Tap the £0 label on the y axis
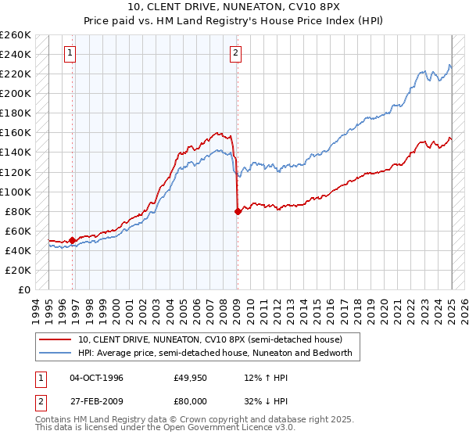pyautogui.click(x=23, y=289)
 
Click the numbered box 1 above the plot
pyautogui.click(x=70, y=53)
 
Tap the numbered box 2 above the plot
pyautogui.click(x=235, y=53)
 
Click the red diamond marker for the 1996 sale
pyautogui.click(x=73, y=241)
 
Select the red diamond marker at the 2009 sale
pyautogui.click(x=238, y=211)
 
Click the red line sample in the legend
pyautogui.click(x=55, y=339)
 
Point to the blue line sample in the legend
pyautogui.click(x=55, y=353)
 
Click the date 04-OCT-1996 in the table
pyautogui.click(x=96, y=378)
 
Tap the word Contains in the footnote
pyautogui.click(x=55, y=421)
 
